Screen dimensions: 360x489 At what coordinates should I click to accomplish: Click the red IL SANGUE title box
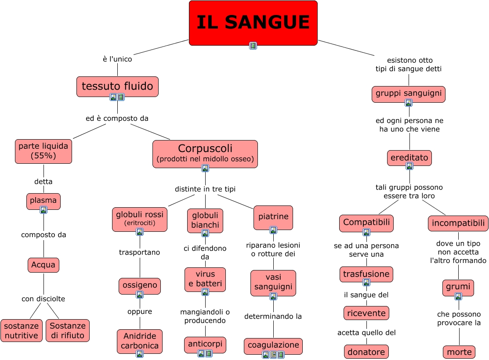[253, 22]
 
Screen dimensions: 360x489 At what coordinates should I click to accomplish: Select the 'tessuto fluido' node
[117, 86]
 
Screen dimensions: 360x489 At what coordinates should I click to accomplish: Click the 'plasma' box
[43, 201]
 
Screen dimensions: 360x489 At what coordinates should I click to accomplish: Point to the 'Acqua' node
[43, 265]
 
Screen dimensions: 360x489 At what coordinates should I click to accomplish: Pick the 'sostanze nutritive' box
[22, 331]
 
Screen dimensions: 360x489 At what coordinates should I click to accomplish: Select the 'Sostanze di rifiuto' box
[68, 331]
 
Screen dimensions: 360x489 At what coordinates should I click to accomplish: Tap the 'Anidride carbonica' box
[140, 340]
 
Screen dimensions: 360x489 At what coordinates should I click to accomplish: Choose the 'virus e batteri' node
[205, 279]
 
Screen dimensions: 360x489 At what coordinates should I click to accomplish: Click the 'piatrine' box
[273, 217]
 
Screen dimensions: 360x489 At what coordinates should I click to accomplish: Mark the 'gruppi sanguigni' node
[409, 94]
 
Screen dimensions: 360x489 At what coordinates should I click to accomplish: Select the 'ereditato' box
[409, 157]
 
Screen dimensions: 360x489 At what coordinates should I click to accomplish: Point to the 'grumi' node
[458, 287]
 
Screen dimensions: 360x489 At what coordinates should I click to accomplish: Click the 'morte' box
[459, 352]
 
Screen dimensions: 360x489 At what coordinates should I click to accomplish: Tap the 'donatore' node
[366, 352]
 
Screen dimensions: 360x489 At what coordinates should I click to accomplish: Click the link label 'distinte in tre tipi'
[205, 189]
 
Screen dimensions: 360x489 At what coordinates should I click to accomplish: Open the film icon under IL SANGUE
[253, 46]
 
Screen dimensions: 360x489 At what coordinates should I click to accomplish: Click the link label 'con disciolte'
[43, 299]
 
